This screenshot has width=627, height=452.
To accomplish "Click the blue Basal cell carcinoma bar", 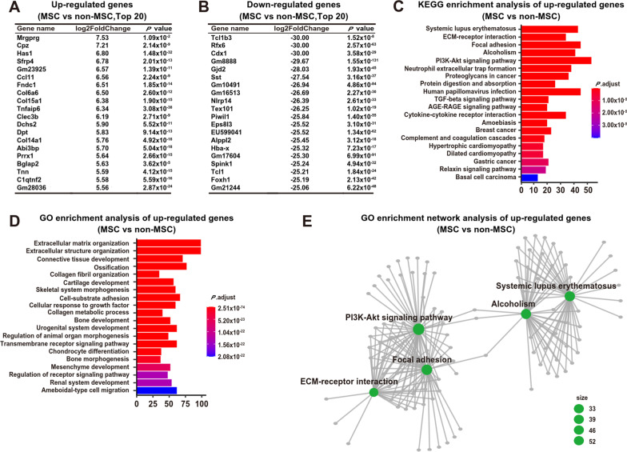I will click(x=528, y=177).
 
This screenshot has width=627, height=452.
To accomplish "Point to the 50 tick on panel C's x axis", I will click(x=588, y=192).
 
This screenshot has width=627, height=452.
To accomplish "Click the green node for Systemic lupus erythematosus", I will click(x=569, y=296).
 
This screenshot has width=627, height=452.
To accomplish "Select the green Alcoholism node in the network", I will click(x=526, y=314).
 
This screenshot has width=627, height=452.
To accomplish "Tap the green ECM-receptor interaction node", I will click(x=373, y=391).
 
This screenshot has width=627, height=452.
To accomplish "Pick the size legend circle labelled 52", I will click(x=578, y=439).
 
